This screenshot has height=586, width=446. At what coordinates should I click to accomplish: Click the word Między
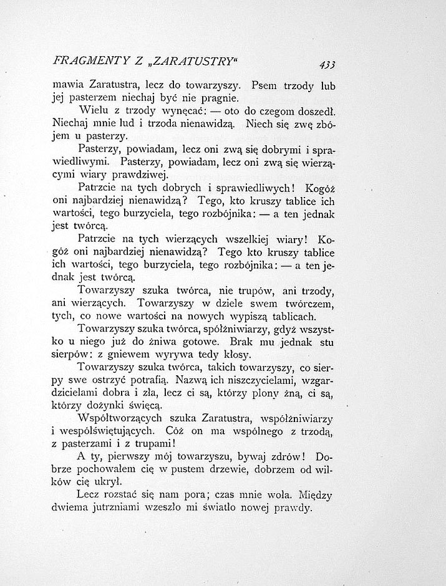[x=314, y=496]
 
